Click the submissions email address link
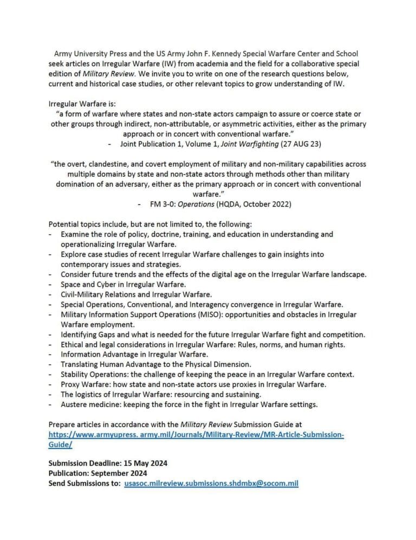(211, 483)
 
